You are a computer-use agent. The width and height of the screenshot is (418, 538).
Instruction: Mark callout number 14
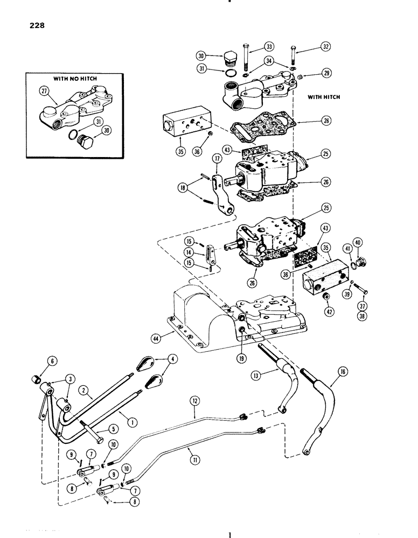pos(205,252)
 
